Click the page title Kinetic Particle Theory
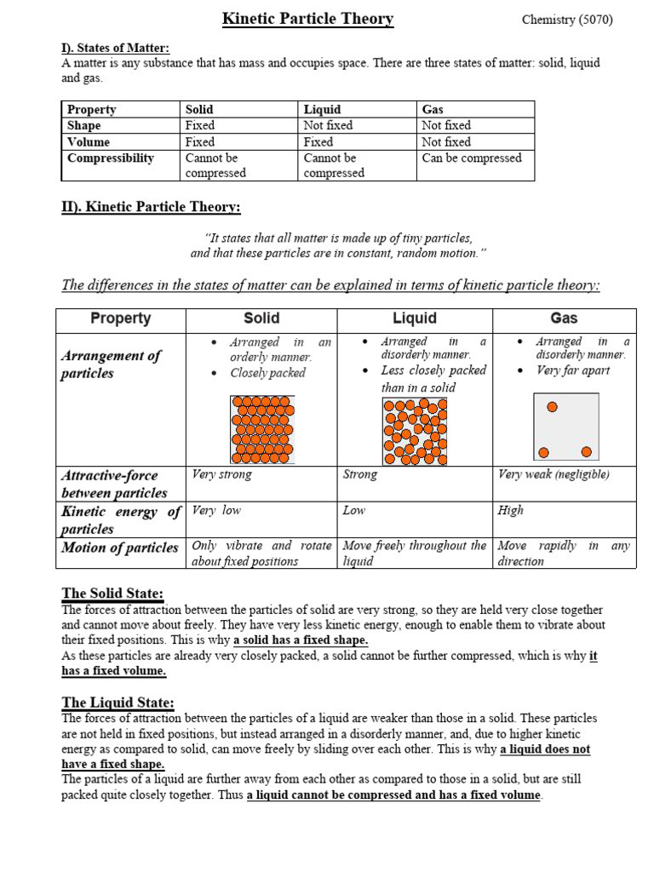(x=307, y=19)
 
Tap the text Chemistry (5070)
(x=566, y=20)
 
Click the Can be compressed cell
(x=472, y=158)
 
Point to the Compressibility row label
(x=110, y=158)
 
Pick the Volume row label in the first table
(x=89, y=141)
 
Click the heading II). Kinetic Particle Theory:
(x=151, y=207)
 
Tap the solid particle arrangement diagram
(x=261, y=430)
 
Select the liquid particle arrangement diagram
(x=414, y=432)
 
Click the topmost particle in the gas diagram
(x=552, y=407)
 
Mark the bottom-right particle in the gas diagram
(x=586, y=451)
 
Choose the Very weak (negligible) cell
(x=554, y=474)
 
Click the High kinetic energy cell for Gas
(x=511, y=510)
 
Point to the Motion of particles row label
(x=120, y=548)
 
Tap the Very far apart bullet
(x=572, y=370)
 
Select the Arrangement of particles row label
(x=111, y=364)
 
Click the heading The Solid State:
(x=112, y=593)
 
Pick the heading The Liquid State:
(x=118, y=703)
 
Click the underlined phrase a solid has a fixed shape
(x=289, y=640)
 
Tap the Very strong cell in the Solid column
(x=221, y=474)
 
